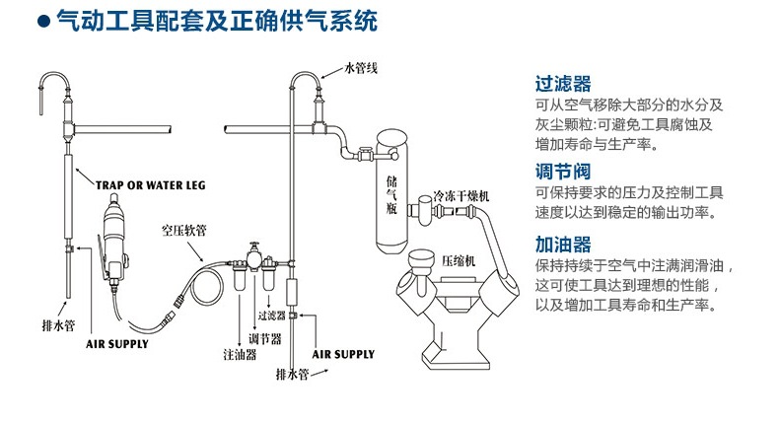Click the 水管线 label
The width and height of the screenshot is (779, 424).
click(360, 68)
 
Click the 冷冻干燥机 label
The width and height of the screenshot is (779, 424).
click(460, 197)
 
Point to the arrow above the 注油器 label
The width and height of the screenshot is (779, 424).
click(240, 316)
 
